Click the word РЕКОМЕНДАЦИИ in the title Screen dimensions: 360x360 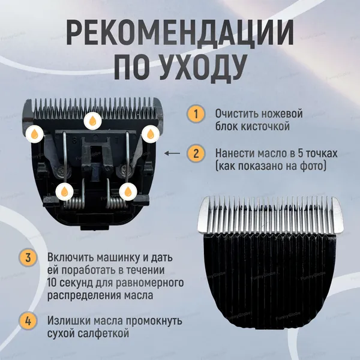point(180,32)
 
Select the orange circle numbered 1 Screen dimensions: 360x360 point(196,113)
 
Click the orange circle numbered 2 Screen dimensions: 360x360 point(196,153)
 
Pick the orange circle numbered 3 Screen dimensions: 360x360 point(28,257)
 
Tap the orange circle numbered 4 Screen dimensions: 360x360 point(28,321)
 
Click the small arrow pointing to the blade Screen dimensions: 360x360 point(172,153)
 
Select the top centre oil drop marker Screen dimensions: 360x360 point(92,121)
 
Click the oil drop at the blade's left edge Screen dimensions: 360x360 point(34,134)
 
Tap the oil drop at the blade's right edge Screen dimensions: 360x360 point(151,134)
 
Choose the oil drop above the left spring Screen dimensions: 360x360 point(65,192)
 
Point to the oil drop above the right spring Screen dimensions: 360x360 point(128,192)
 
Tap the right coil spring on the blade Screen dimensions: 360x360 point(117,203)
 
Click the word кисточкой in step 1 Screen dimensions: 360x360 point(265,127)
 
